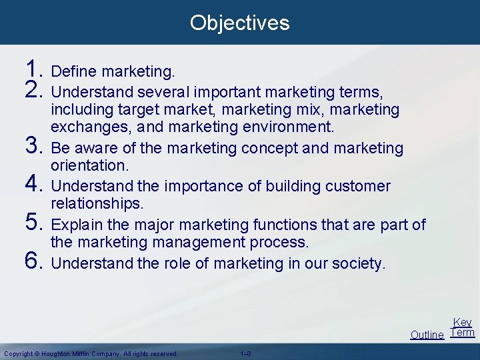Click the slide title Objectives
click(239, 23)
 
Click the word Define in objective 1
click(71, 71)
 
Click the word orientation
click(89, 165)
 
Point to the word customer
click(358, 186)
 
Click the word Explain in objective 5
click(75, 225)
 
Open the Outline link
click(427, 335)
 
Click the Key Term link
click(462, 327)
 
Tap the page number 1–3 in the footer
click(244, 353)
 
